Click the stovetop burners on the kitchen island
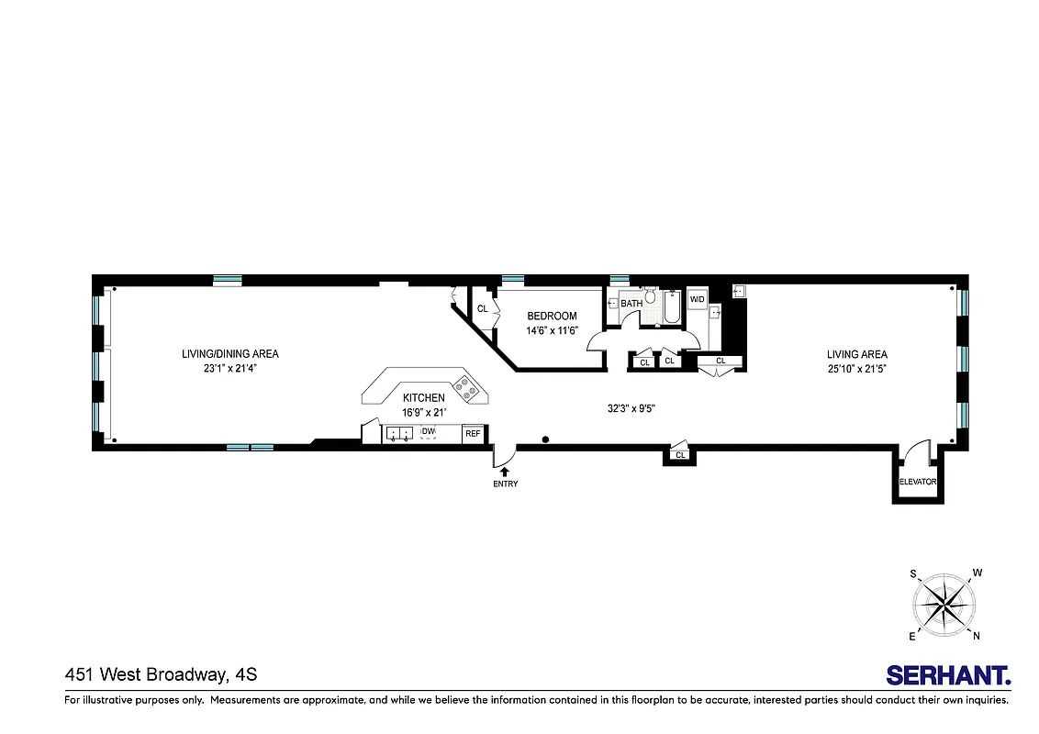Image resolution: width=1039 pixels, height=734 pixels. (469, 389)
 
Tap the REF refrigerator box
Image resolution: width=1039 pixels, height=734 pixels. (473, 434)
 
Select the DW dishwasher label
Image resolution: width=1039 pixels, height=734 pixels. (429, 431)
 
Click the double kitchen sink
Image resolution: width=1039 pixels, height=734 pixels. (399, 434)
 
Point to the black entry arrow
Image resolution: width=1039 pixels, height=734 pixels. (504, 471)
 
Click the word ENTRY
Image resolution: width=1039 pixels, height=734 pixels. (505, 484)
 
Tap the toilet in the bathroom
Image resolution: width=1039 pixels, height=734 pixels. (651, 295)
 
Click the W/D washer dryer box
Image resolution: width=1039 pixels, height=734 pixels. (697, 299)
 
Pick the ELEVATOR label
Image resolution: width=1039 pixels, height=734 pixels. (917, 482)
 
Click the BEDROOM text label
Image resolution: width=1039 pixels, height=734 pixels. (552, 317)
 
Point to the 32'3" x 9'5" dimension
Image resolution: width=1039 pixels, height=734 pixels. (631, 410)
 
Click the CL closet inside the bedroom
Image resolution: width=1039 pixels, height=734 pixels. (482, 309)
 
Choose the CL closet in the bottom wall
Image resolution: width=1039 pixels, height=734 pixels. (680, 455)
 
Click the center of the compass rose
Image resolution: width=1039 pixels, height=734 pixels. (944, 605)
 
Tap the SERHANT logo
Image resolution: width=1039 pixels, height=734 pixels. (948, 675)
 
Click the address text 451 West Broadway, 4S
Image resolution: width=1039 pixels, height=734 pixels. (161, 675)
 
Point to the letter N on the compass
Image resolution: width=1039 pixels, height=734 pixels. (976, 636)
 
